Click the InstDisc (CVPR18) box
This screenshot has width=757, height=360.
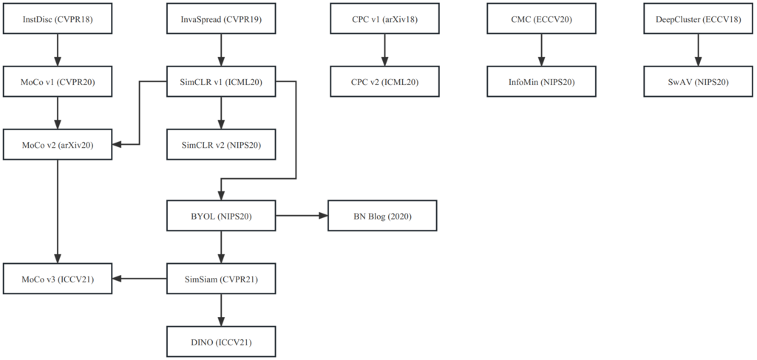click(x=58, y=18)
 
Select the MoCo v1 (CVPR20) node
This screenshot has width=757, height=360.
click(x=58, y=81)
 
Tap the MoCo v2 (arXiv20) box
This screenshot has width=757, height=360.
click(x=58, y=144)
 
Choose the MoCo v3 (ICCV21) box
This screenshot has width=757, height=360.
click(x=58, y=279)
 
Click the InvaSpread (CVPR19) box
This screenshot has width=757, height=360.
click(x=221, y=18)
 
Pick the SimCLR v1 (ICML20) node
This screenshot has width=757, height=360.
click(x=221, y=81)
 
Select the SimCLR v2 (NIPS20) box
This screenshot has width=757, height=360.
click(x=221, y=144)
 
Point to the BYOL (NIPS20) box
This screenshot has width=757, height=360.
click(x=221, y=216)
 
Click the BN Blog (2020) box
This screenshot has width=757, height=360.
click(x=382, y=216)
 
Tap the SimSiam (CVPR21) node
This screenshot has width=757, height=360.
click(x=221, y=279)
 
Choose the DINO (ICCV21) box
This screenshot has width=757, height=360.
click(x=221, y=342)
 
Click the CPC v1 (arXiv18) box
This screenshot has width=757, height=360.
click(x=384, y=18)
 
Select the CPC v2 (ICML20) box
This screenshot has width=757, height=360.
click(x=384, y=81)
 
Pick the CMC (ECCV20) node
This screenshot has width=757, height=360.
click(x=541, y=18)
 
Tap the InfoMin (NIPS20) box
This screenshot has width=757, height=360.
click(x=541, y=81)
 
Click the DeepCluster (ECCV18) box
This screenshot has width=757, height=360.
click(x=698, y=18)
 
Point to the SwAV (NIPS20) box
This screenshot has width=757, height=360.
click(x=698, y=81)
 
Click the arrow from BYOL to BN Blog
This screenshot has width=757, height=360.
click(x=302, y=216)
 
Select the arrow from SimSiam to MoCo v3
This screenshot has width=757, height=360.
click(x=140, y=279)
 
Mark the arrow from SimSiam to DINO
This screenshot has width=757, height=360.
click(x=221, y=310)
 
